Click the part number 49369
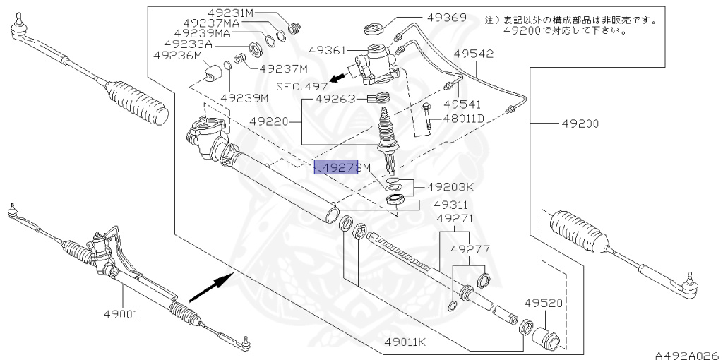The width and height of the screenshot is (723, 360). (447, 18)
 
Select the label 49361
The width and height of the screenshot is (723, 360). (328, 50)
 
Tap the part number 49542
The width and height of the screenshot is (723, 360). (473, 54)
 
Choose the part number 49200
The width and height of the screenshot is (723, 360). (580, 124)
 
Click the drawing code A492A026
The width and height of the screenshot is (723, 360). (686, 353)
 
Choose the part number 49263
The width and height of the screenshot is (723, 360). (335, 99)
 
